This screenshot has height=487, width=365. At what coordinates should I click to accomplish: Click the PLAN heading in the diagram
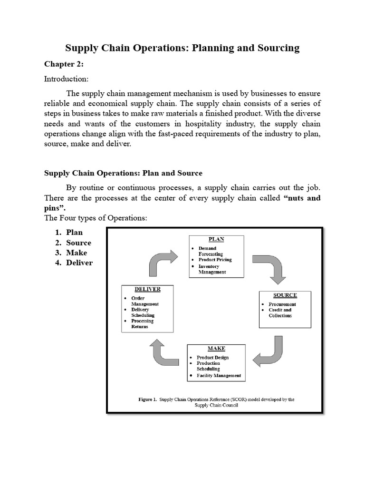click(x=217, y=239)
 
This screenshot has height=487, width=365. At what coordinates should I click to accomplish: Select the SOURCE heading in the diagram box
click(x=285, y=295)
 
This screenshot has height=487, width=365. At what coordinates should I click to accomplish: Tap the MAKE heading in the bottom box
click(x=216, y=349)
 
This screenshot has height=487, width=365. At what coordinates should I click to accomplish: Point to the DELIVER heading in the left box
click(x=147, y=289)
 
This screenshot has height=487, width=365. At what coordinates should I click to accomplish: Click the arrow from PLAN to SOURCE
click(x=269, y=266)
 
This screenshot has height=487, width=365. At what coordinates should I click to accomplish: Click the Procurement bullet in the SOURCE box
click(x=282, y=304)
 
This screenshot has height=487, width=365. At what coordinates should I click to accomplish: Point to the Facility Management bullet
click(x=219, y=375)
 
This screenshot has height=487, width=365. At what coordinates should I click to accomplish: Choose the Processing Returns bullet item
click(x=142, y=324)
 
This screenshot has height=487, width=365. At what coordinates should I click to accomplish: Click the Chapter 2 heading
click(x=64, y=64)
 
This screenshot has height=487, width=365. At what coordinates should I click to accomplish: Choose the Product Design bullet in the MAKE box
click(x=212, y=358)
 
